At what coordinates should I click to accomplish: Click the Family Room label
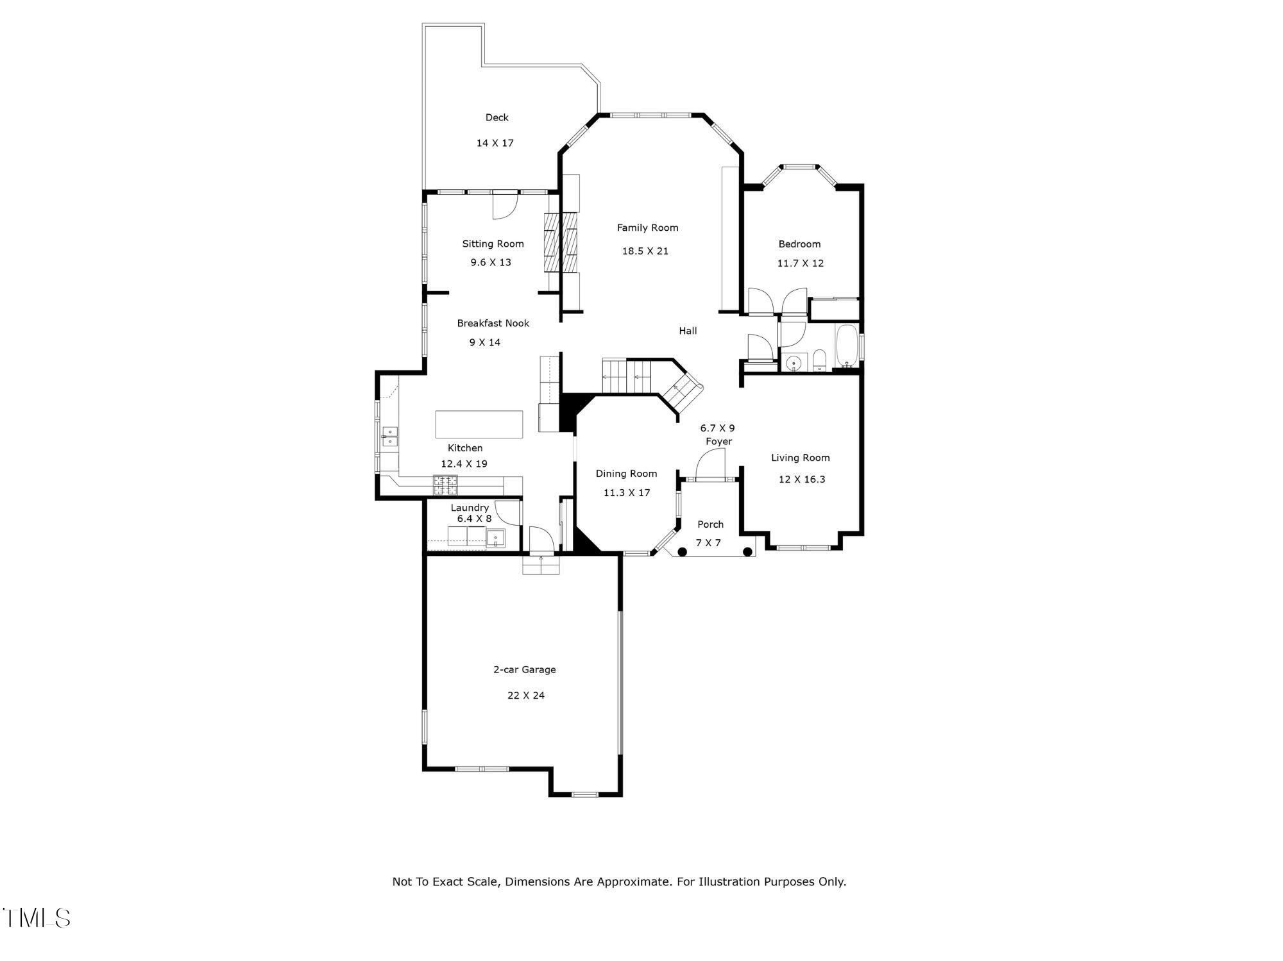pos(647,228)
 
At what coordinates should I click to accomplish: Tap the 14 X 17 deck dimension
pos(495,143)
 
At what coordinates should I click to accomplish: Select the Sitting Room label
pos(493,244)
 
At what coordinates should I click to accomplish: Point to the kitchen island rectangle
pos(479,424)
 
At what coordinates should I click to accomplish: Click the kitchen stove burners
pos(446,485)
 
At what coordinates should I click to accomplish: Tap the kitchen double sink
pos(389,436)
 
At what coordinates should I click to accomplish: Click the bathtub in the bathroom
pos(847,346)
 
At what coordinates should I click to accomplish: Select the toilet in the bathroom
pos(819,361)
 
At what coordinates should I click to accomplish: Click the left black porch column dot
pos(682,551)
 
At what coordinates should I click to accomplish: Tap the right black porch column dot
pos(747,551)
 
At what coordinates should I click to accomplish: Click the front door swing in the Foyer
pos(710,464)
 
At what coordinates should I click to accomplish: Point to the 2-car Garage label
pos(524,669)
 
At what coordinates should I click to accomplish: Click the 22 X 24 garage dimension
pos(525,695)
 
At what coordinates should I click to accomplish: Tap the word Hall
pos(688,331)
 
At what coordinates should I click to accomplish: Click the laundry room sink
pos(496,539)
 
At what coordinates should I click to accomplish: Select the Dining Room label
pos(626,474)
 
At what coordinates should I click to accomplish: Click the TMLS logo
pos(37,917)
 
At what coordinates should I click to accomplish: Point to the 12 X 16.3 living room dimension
pos(801,479)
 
